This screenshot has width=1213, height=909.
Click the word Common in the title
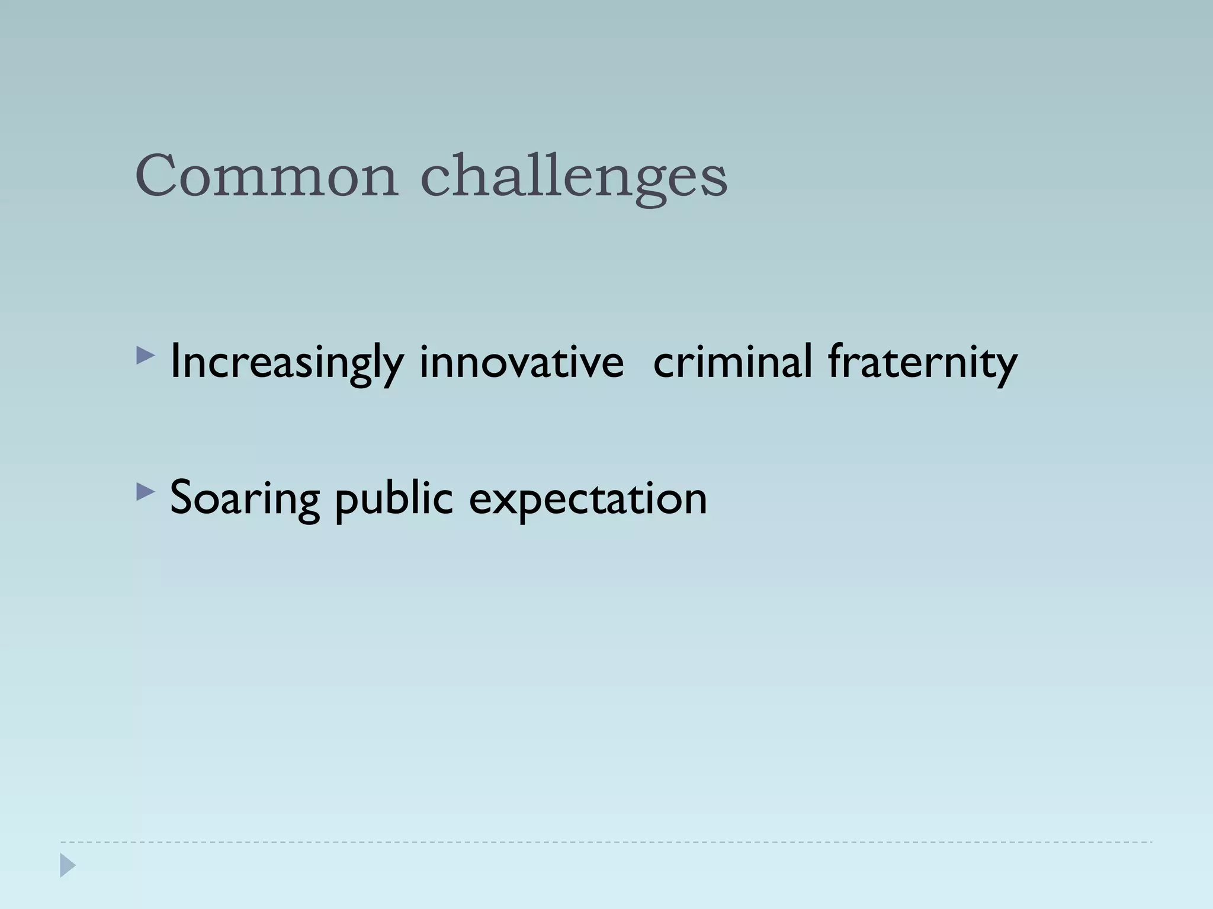(267, 176)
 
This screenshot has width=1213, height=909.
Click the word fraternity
(922, 363)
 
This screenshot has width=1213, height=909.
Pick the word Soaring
(245, 499)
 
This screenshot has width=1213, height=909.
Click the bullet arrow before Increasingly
(145, 356)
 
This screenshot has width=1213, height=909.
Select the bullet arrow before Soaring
(145, 492)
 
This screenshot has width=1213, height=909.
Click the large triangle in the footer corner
(68, 865)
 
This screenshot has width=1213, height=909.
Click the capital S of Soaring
(182, 498)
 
